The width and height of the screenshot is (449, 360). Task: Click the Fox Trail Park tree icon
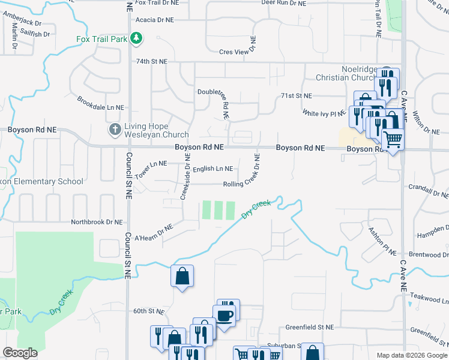(137, 39)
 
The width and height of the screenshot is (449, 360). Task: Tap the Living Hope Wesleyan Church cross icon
(115, 129)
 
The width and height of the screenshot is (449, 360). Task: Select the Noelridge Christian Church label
(348, 73)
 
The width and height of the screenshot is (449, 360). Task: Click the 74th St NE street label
(152, 61)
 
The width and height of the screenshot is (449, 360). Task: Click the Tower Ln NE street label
(151, 163)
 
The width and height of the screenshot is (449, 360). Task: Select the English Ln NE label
(212, 169)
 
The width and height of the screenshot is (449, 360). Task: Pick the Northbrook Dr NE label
(96, 222)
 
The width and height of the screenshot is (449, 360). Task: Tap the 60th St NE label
(148, 311)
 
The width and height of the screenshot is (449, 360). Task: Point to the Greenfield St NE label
(309, 328)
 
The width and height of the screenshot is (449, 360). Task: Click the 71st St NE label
(297, 96)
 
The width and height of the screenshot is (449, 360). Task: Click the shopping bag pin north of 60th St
(182, 277)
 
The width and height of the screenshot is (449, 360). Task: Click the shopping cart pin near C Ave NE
(393, 140)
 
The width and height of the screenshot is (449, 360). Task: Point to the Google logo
(20, 353)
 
